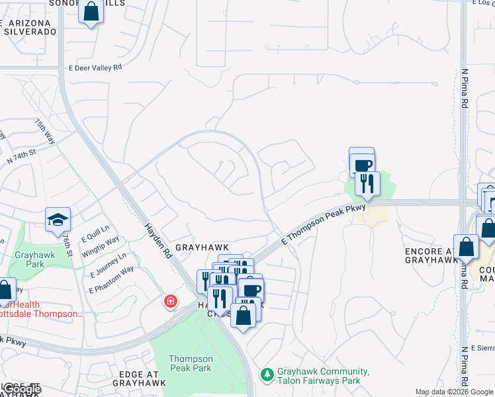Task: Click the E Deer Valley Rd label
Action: tap(95, 67)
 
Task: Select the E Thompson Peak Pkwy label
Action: tap(323, 225)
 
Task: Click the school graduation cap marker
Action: tap(58, 220)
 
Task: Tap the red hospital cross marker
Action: tap(171, 302)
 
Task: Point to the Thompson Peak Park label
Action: tap(189, 363)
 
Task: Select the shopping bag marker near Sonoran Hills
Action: tap(91, 13)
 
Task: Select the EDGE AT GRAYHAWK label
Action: tap(143, 379)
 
